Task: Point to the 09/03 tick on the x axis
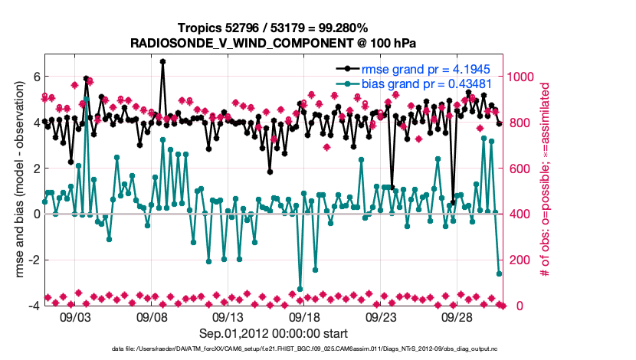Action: [75, 316]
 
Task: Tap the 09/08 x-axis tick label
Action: [152, 316]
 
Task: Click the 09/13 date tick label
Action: [228, 316]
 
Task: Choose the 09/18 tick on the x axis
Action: [304, 316]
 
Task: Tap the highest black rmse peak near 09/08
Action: [162, 61]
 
